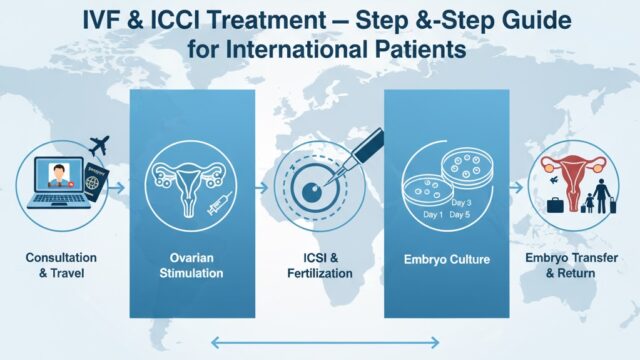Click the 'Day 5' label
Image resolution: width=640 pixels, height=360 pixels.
point(460,215)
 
